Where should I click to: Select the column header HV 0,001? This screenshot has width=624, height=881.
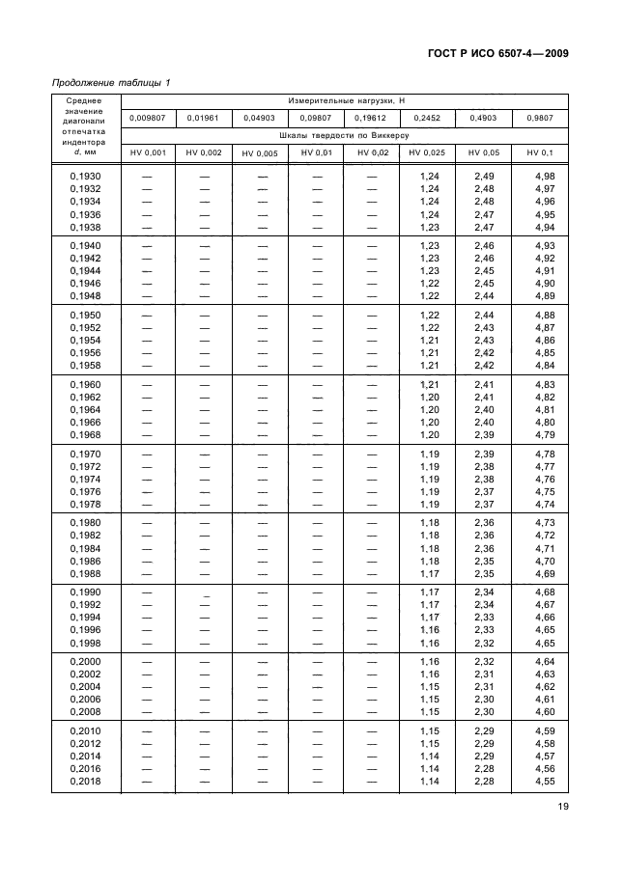[x=148, y=152]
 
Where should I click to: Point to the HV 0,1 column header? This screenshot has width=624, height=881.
[x=540, y=152]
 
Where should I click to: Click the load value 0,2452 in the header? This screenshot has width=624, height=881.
[x=426, y=118]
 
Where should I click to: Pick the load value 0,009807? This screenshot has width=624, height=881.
[x=148, y=118]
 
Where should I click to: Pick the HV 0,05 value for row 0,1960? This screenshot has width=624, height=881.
[x=485, y=384]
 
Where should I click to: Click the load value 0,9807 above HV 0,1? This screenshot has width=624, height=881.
[x=540, y=118]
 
